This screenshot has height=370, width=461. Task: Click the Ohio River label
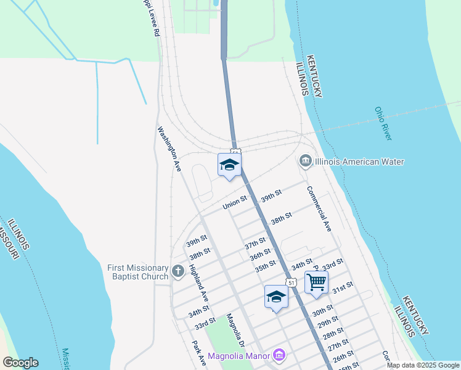click(383, 123)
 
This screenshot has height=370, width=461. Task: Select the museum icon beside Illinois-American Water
click(305, 162)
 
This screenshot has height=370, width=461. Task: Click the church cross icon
click(178, 271)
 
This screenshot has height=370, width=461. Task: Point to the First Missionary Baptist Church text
click(137, 272)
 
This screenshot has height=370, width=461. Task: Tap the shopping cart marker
click(316, 282)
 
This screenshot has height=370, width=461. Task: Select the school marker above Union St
click(229, 165)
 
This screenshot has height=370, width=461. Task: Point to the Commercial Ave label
click(319, 208)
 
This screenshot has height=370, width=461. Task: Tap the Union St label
click(235, 202)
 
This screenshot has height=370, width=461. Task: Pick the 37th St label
click(255, 242)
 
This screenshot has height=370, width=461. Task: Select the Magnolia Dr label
click(235, 330)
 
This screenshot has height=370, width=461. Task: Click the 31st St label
click(342, 287)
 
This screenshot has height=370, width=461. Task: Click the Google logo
click(20, 363)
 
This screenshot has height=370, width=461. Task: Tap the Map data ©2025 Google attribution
click(423, 365)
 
